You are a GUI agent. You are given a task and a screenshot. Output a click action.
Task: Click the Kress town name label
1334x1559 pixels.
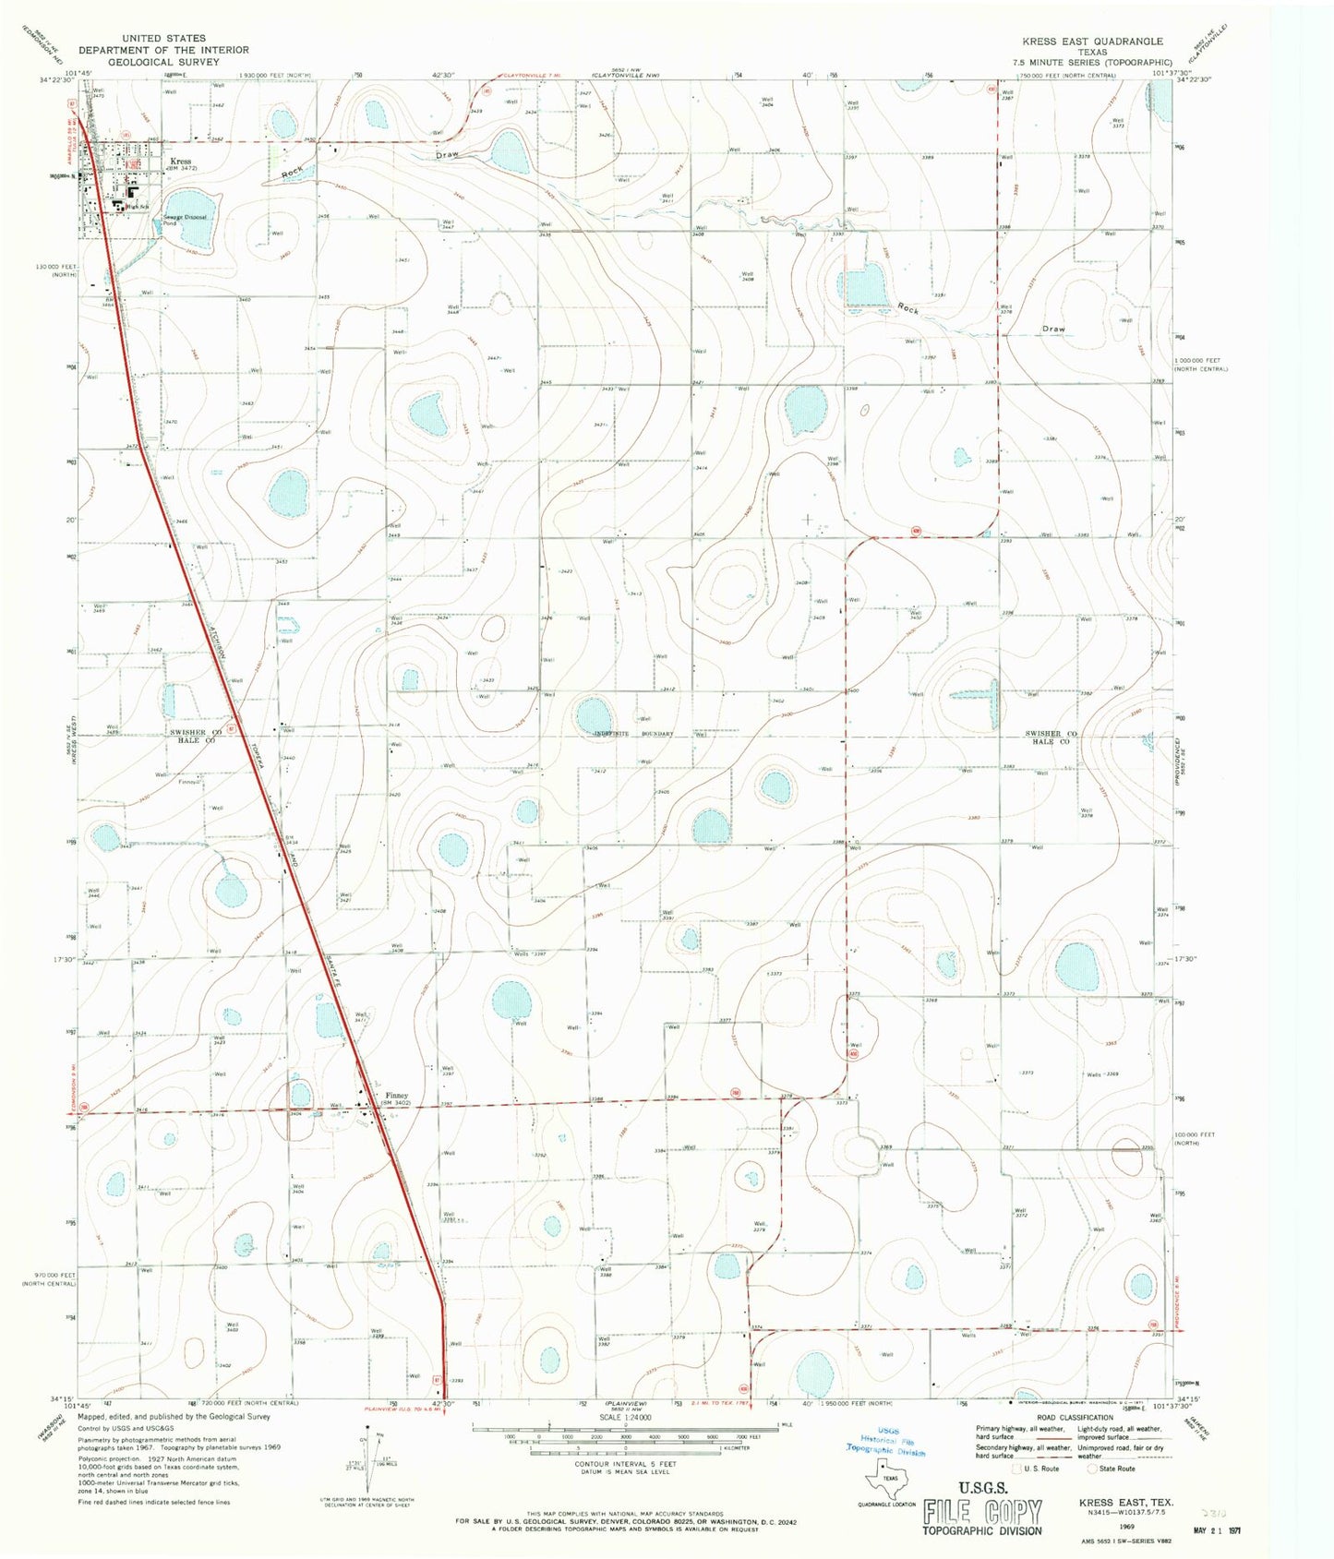coord(180,162)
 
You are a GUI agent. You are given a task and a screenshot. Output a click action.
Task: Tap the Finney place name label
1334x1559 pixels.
coord(395,1096)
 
